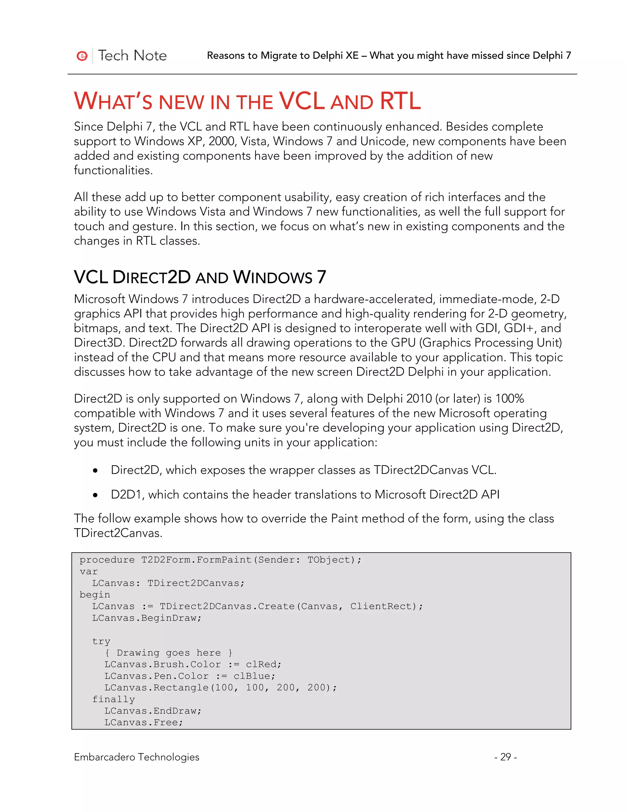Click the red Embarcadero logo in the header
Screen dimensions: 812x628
[x=82, y=56]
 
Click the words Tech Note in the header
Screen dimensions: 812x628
[x=132, y=56]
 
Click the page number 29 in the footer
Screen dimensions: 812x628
[x=505, y=757]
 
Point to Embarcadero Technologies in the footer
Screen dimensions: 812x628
[x=136, y=757]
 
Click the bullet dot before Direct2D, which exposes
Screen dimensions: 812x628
[x=96, y=471]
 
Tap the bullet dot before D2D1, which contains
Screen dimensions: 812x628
[x=96, y=495]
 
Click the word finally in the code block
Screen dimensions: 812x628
[x=113, y=699]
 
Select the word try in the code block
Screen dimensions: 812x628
[x=101, y=641]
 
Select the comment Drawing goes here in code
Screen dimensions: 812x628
[x=169, y=653]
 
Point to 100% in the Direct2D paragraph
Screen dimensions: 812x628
[x=510, y=399]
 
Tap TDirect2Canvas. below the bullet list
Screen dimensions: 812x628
[x=118, y=533]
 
